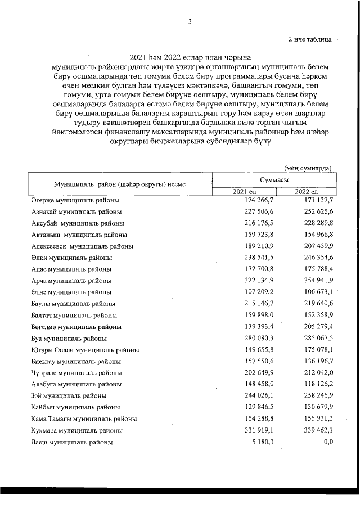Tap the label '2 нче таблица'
[x=309, y=39]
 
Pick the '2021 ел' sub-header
[x=244, y=192]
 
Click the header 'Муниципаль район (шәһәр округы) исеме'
[x=120, y=184]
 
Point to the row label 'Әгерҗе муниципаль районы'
[x=75, y=200]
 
